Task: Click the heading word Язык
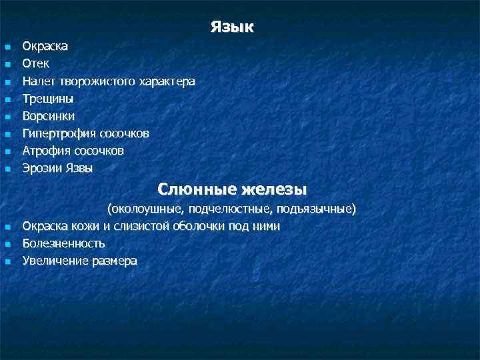[232, 27]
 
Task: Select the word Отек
[36, 64]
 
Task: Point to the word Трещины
[48, 99]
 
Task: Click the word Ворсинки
[49, 116]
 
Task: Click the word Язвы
[79, 168]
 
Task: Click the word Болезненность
[64, 243]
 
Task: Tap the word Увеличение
[55, 261]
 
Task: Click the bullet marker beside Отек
[8, 65]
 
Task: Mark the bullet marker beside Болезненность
[8, 244]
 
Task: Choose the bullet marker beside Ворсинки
[8, 117]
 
